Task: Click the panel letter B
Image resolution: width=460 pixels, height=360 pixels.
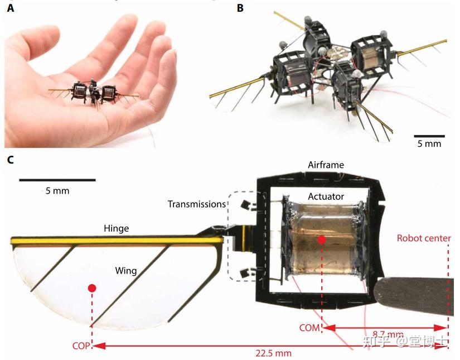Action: point(240,8)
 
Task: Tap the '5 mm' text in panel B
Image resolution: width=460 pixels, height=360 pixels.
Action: point(429,144)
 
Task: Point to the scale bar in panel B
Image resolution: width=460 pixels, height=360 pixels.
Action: point(429,136)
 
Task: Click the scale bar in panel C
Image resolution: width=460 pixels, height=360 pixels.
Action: point(57,180)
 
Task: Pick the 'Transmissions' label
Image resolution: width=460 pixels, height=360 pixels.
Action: point(196,204)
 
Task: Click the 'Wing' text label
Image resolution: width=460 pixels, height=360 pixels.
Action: point(127,270)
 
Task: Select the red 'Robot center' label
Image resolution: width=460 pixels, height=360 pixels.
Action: point(424,238)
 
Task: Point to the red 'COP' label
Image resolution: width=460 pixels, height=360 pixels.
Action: point(81,345)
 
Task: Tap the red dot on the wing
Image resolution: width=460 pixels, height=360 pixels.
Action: point(92,288)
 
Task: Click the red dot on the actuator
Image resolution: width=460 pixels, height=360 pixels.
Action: point(322,239)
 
